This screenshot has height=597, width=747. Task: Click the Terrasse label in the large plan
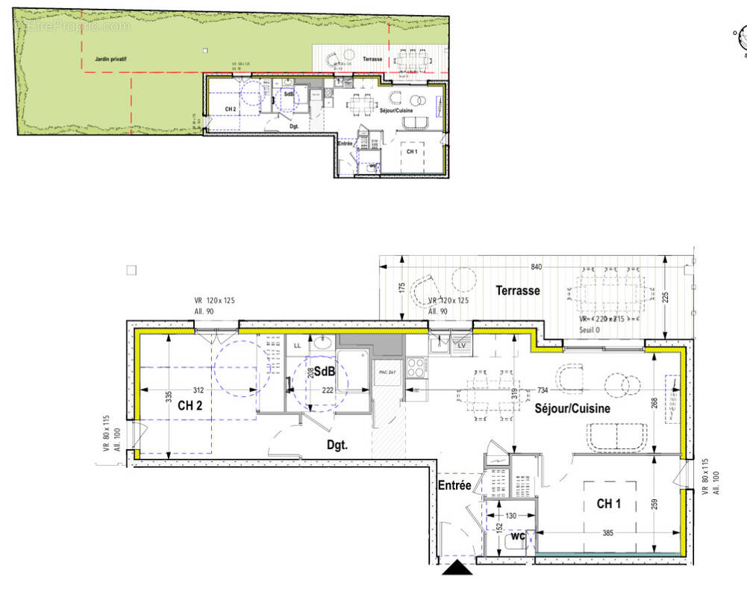[x=518, y=290]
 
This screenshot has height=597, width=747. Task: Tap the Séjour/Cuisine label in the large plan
[x=572, y=409]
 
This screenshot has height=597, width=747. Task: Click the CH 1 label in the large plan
[x=608, y=504]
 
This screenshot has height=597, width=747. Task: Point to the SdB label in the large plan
[x=323, y=372]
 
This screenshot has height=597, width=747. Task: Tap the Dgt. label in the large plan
[x=337, y=446]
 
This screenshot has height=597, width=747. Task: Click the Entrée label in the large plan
[x=455, y=486]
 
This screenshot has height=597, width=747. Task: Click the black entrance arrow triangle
[x=457, y=569]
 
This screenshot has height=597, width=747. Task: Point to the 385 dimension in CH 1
[x=609, y=534]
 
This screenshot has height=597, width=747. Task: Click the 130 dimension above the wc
[x=510, y=516]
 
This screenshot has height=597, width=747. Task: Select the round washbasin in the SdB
[x=323, y=343]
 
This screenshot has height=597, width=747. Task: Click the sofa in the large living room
[x=618, y=437]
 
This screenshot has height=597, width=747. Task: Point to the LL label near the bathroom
[x=297, y=345]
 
